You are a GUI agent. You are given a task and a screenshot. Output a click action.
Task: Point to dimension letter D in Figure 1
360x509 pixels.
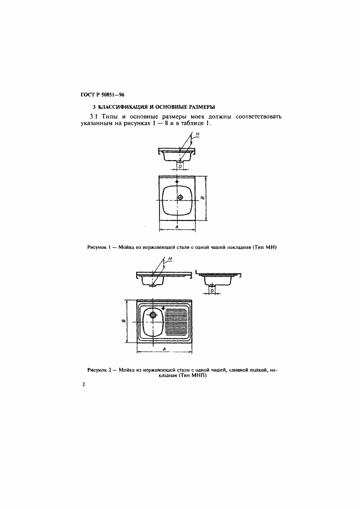[x=180, y=167]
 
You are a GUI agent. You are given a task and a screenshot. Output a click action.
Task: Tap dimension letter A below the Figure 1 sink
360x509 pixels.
[x=178, y=226]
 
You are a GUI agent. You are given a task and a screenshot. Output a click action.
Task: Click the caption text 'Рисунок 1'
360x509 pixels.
[x=99, y=247]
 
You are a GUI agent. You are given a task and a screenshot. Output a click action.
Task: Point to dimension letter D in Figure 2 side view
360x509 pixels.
[x=211, y=291]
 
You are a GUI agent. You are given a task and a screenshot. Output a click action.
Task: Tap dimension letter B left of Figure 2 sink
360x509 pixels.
[x=124, y=321]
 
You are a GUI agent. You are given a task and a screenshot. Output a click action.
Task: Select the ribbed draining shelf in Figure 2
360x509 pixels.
[x=176, y=322]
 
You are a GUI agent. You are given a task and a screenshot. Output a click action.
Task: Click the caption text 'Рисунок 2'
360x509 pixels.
[x=99, y=370]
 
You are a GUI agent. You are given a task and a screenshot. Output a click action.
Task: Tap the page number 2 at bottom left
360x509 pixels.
[x=83, y=385]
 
